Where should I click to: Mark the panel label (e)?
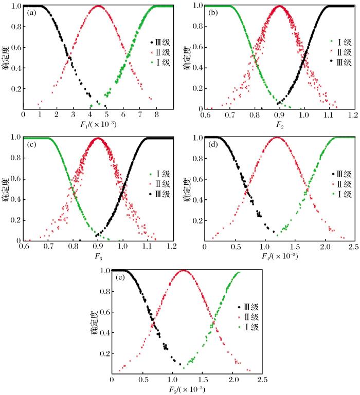[120, 277]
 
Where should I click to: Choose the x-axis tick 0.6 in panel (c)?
[24, 246]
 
